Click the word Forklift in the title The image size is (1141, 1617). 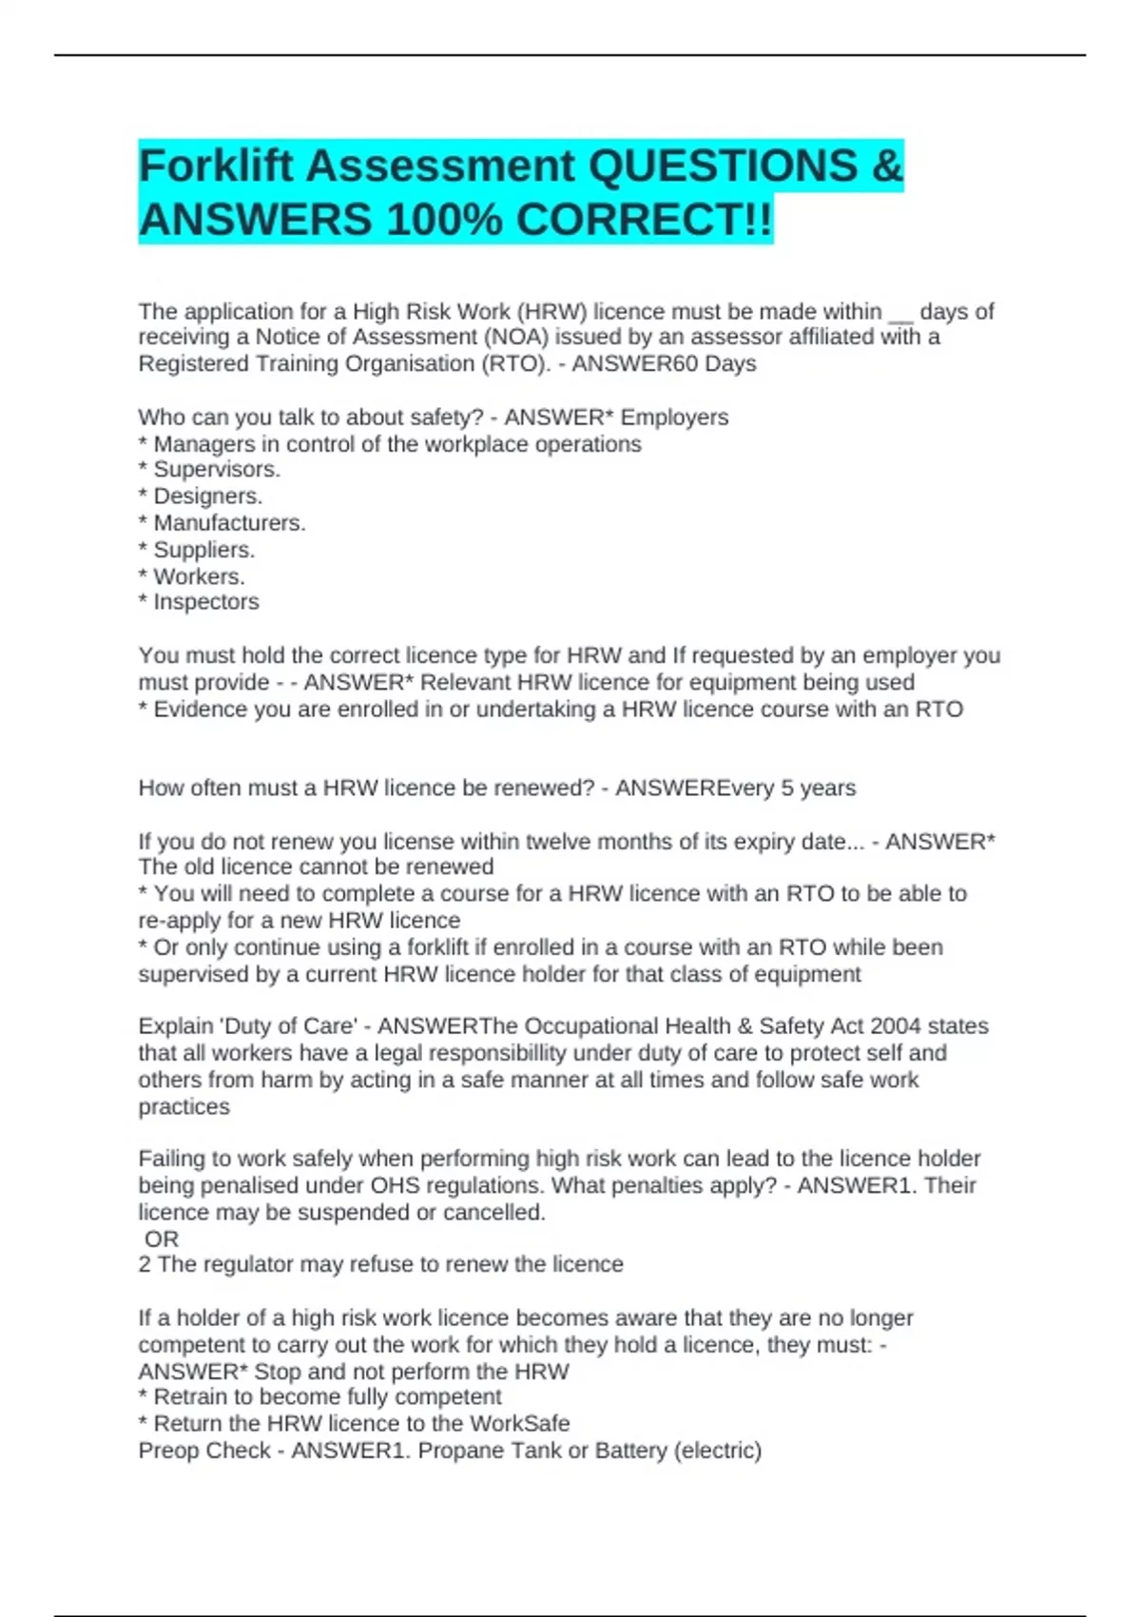[x=216, y=166]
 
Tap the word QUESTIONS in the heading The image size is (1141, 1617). [x=724, y=166]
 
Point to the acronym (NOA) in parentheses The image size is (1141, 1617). [x=515, y=338]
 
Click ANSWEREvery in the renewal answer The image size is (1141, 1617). [x=694, y=789]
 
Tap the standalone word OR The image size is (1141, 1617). [x=162, y=1239]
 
